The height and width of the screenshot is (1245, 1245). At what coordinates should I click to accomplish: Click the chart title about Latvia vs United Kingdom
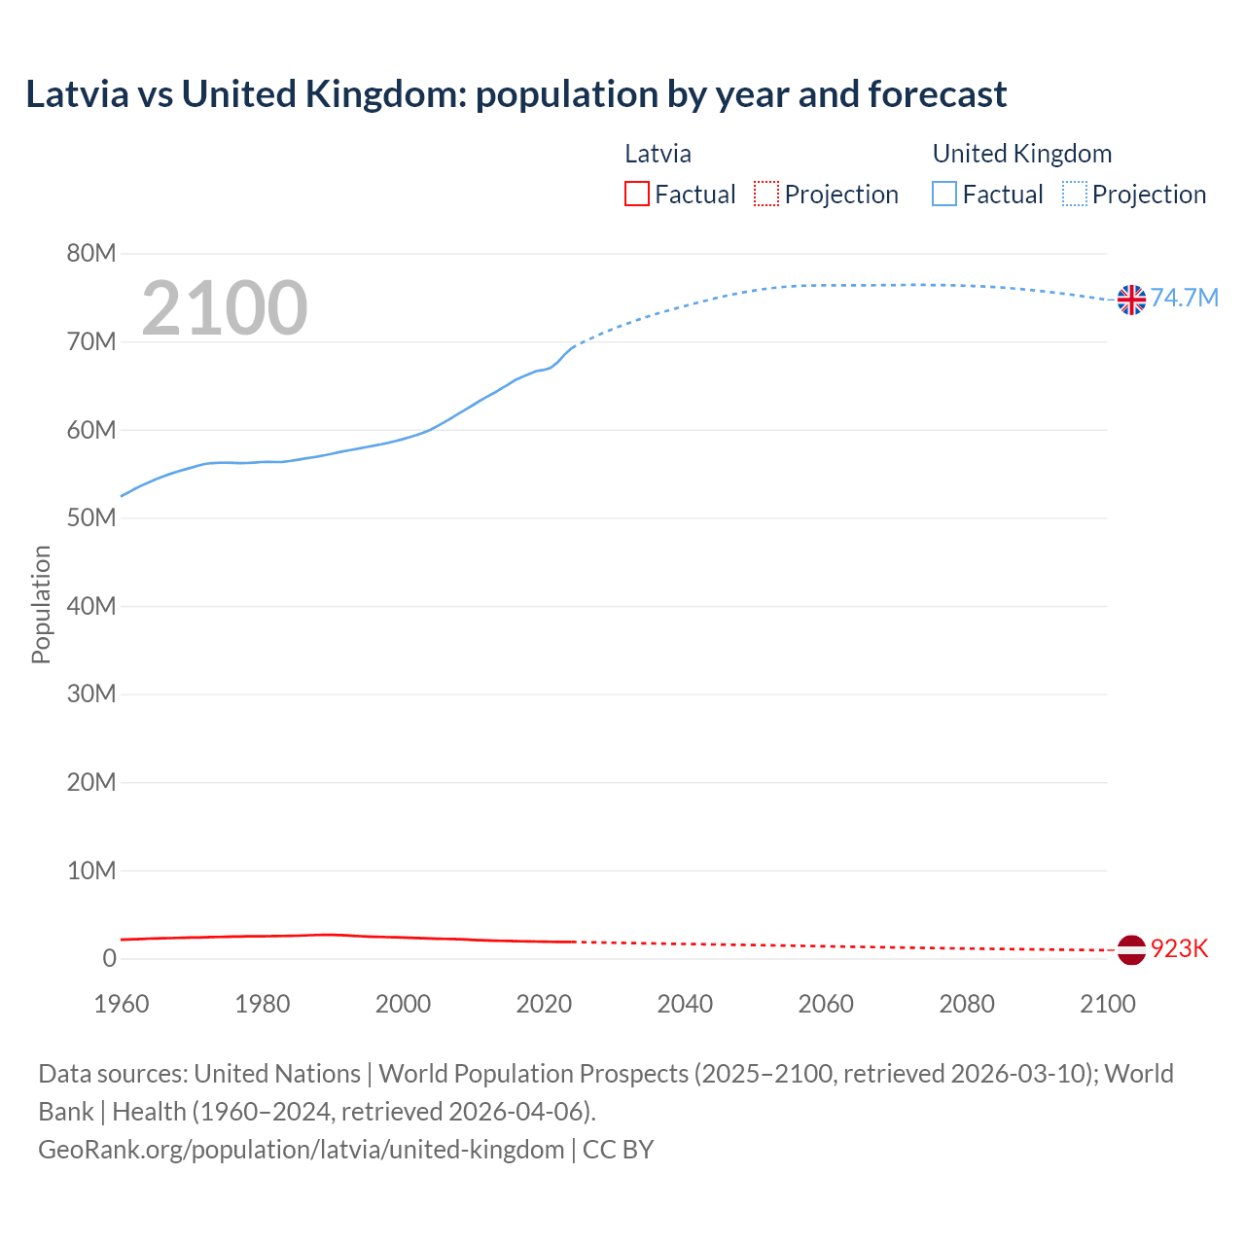tap(516, 94)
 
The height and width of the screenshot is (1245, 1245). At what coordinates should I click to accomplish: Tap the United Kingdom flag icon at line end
tap(1131, 300)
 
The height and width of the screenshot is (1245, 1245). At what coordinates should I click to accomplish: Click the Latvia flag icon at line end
tap(1131, 949)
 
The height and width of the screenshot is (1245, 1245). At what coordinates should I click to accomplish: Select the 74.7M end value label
tap(1184, 298)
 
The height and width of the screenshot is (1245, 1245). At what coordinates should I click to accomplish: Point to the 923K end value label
tap(1179, 948)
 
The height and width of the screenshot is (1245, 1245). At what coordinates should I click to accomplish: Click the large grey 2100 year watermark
tap(225, 308)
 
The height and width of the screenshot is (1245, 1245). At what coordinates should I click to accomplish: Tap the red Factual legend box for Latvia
tap(637, 195)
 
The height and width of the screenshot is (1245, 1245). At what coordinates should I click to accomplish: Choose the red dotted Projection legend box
tap(766, 195)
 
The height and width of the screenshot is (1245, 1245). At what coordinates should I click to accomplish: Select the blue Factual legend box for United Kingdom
tap(944, 195)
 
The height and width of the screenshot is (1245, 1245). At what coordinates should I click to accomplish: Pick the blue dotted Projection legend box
tap(1075, 195)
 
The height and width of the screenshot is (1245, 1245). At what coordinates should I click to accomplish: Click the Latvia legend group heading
tap(658, 154)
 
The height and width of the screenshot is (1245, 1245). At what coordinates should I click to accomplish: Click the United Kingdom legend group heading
tap(1021, 154)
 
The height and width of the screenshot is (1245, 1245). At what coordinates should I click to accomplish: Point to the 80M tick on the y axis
tap(91, 254)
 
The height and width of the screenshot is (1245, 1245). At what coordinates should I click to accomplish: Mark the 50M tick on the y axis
tap(91, 518)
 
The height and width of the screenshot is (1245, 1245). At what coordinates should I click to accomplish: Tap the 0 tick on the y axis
tap(109, 959)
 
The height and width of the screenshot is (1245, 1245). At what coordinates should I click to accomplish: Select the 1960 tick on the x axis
tap(122, 1004)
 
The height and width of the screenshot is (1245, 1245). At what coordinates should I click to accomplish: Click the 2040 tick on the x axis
tap(685, 1004)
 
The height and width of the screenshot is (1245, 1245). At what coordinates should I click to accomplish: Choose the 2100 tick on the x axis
tap(1108, 1004)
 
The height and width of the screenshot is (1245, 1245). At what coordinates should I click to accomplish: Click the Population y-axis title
tap(41, 604)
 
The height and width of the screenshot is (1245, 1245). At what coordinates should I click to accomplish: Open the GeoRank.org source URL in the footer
tap(302, 1150)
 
